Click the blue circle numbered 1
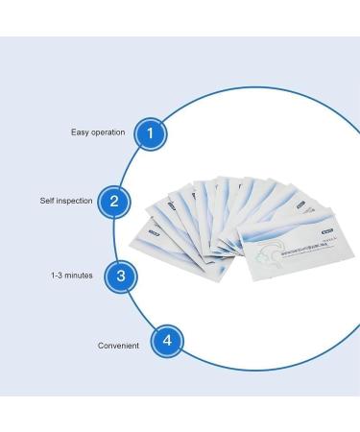coord(150,133)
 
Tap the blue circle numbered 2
coord(114,201)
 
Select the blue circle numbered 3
coord(120,276)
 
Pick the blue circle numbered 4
coord(167,341)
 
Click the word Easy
coord(80,132)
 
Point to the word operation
coord(108,132)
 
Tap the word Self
coord(47,202)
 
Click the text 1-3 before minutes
coord(58,276)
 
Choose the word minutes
coord(80,276)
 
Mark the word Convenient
coord(118,345)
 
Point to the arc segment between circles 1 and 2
coord(127,166)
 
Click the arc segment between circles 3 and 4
coord(138,312)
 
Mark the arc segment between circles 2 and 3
coord(113,238)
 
